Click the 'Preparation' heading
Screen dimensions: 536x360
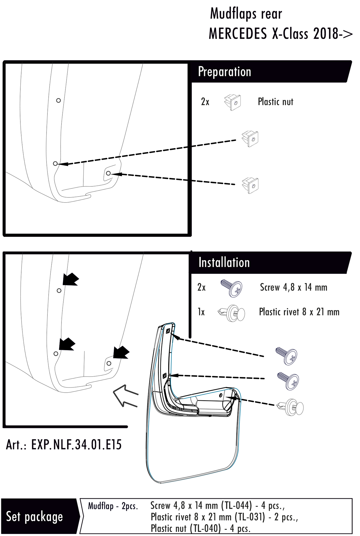[x=224, y=72]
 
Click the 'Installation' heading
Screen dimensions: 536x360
[x=224, y=263]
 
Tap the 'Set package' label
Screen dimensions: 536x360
[x=34, y=517]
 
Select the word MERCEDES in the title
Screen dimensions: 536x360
[x=238, y=34]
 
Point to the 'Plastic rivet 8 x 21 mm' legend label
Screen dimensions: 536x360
[x=299, y=312]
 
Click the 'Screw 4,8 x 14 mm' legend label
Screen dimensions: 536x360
[x=293, y=288]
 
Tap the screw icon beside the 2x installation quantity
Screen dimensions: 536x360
[x=232, y=288]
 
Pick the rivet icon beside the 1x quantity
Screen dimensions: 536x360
[x=232, y=313]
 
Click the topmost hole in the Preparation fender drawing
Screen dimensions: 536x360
[x=58, y=101]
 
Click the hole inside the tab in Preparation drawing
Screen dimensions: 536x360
[x=108, y=173]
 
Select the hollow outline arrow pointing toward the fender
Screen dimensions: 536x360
[x=125, y=395]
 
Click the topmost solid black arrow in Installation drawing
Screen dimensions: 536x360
[x=70, y=279]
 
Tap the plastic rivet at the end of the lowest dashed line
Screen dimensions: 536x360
[x=291, y=407]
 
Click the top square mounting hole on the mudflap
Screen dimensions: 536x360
[x=168, y=331]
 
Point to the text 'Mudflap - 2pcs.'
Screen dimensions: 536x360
[x=113, y=506]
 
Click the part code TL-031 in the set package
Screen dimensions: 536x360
[x=250, y=517]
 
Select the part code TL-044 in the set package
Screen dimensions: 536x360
[x=236, y=506]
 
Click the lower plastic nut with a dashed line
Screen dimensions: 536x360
[x=250, y=185]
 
